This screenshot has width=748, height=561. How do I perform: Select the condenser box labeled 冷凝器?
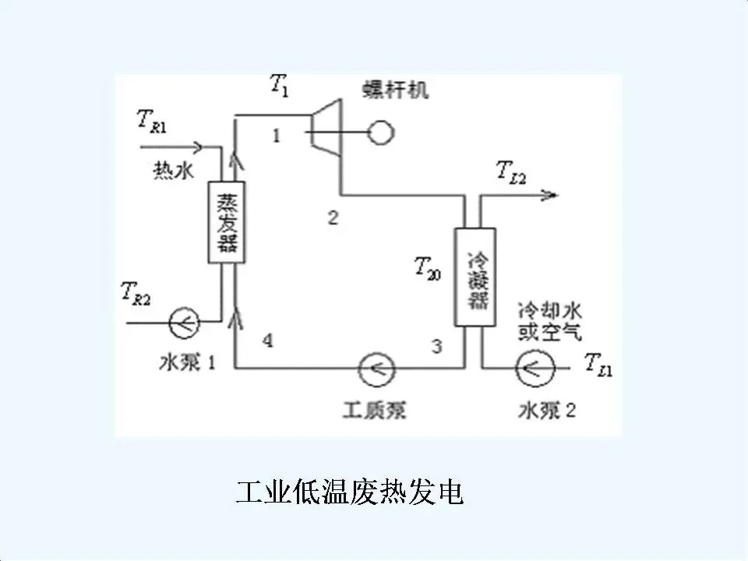coord(476,277)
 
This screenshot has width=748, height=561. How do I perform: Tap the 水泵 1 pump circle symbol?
coord(185,319)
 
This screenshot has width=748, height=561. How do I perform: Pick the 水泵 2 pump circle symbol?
coord(535,365)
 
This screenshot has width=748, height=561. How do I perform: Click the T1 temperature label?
coord(279,85)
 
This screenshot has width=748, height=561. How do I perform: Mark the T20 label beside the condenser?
coord(427,269)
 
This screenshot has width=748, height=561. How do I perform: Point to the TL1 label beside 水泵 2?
coord(599,364)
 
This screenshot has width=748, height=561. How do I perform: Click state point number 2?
coord(333,218)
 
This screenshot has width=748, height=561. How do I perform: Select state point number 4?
coord(267,340)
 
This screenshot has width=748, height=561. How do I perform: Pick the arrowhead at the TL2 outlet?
coord(551,195)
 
